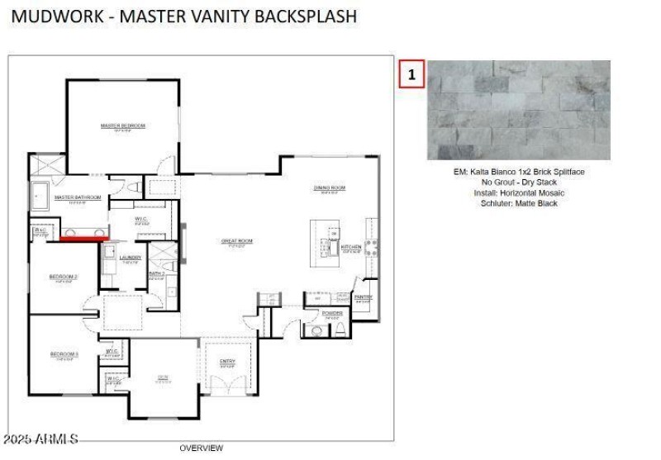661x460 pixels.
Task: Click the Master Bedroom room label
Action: click(x=122, y=126)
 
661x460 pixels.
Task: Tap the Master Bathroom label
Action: click(x=78, y=198)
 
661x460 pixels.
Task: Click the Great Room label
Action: click(x=236, y=242)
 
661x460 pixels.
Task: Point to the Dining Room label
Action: click(x=329, y=188)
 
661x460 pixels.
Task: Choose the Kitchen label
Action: click(x=351, y=248)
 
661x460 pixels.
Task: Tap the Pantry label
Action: click(x=363, y=297)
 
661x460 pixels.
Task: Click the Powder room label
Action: click(x=332, y=314)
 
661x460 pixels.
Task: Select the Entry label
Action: click(x=227, y=362)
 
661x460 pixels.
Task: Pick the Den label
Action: click(x=163, y=377)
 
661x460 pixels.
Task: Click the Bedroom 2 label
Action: click(x=64, y=277)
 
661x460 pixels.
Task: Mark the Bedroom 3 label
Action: click(x=64, y=354)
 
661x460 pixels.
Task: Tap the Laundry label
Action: click(x=131, y=258)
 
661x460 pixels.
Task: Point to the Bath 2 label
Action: click(x=157, y=273)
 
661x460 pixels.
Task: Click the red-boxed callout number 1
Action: click(x=411, y=74)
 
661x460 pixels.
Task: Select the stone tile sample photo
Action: click(x=518, y=110)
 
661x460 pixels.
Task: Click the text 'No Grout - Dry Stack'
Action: click(x=518, y=183)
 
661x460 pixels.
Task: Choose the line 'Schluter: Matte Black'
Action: click(x=518, y=203)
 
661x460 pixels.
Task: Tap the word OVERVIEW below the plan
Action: click(x=201, y=448)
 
